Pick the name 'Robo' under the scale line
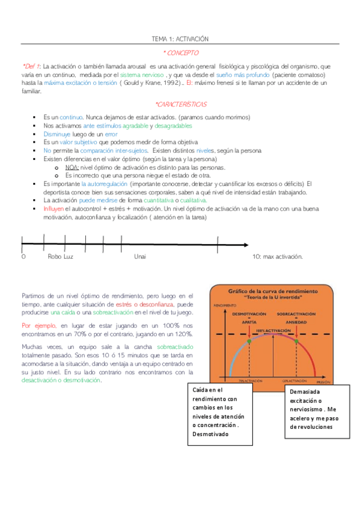tap(54, 256)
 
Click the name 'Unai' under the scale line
tap(140, 256)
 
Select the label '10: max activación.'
tap(278, 256)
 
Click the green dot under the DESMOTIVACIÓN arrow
tap(248, 342)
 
